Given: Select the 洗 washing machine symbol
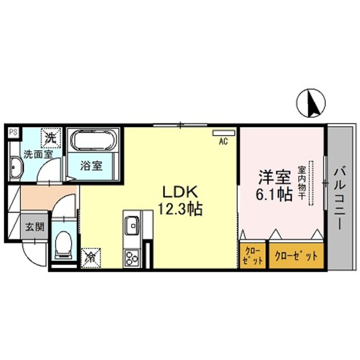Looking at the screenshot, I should click(x=51, y=137).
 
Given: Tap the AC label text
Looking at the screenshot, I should click(x=223, y=142).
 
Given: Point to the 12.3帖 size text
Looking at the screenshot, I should click(x=180, y=209).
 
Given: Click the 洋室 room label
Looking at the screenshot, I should click(x=274, y=177).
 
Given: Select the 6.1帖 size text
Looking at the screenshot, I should click(x=273, y=195).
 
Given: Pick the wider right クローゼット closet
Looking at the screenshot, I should click(x=296, y=255).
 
